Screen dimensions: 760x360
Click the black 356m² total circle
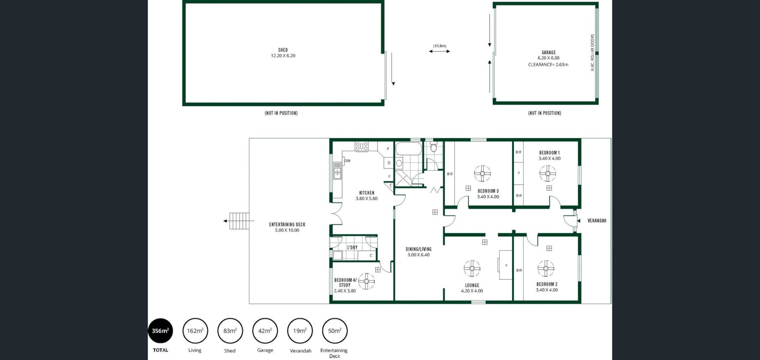point(160,331)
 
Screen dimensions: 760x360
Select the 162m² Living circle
point(195,331)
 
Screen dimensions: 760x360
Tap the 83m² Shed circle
point(230,331)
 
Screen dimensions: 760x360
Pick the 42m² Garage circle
point(265,331)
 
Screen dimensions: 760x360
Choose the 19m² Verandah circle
point(300,331)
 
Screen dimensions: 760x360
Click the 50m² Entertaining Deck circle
point(334,331)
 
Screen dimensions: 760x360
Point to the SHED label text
point(283,50)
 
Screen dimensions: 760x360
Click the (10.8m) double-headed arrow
point(439,51)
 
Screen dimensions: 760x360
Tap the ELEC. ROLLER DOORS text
point(593,53)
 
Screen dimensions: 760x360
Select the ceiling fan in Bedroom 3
point(483,173)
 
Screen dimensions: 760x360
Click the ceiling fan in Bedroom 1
point(548,173)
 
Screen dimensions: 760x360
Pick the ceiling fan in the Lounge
point(472,269)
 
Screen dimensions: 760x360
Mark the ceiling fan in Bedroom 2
point(546,268)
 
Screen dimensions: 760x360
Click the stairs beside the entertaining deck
point(239,221)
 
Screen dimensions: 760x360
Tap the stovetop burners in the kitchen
point(362,146)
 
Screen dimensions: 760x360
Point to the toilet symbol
point(433,148)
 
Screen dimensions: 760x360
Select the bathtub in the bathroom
point(409,149)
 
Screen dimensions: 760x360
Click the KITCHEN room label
point(367,193)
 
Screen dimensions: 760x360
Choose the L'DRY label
point(352,248)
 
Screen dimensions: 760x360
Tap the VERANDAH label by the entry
point(597,221)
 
